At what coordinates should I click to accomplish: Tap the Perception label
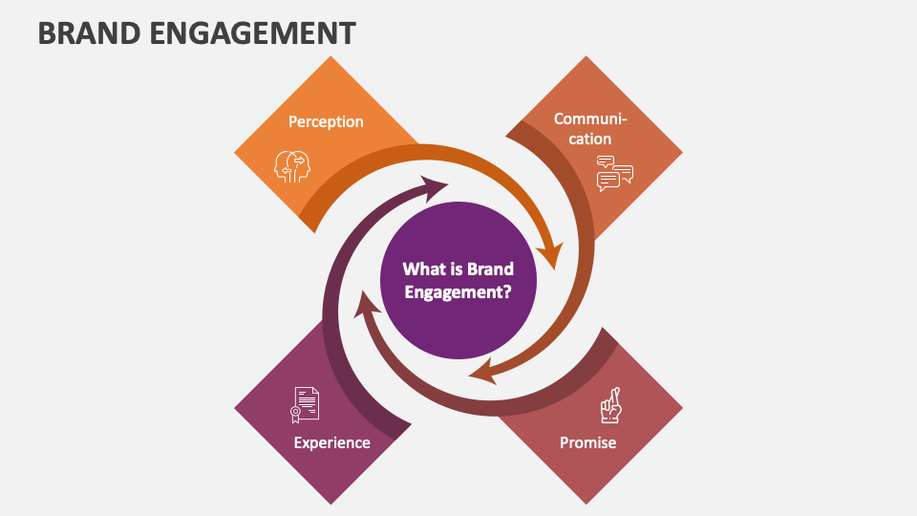326,121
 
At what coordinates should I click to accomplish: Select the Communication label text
590,129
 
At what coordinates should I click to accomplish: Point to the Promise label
587,442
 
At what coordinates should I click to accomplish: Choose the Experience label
331,442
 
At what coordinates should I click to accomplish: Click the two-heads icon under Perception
292,165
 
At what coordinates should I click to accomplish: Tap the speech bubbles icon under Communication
614,174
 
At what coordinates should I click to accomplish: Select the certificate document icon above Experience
305,404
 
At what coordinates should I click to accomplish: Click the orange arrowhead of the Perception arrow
549,257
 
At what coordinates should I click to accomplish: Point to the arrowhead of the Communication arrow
482,371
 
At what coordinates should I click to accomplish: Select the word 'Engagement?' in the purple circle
458,292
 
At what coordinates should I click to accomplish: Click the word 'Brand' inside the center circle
490,269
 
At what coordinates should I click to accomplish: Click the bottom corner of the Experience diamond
331,504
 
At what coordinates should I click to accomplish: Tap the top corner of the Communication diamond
586,57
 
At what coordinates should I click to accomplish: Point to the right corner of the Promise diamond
682,408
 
